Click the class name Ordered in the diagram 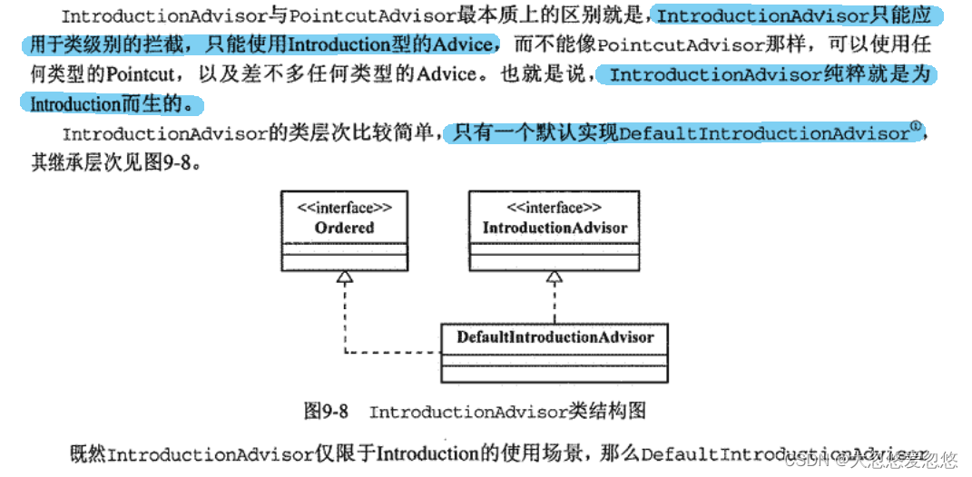[344, 228]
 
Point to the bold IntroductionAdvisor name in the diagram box [555, 228]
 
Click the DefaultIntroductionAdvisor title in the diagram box [555, 337]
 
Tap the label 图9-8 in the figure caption [325, 412]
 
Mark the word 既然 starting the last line [88, 453]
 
